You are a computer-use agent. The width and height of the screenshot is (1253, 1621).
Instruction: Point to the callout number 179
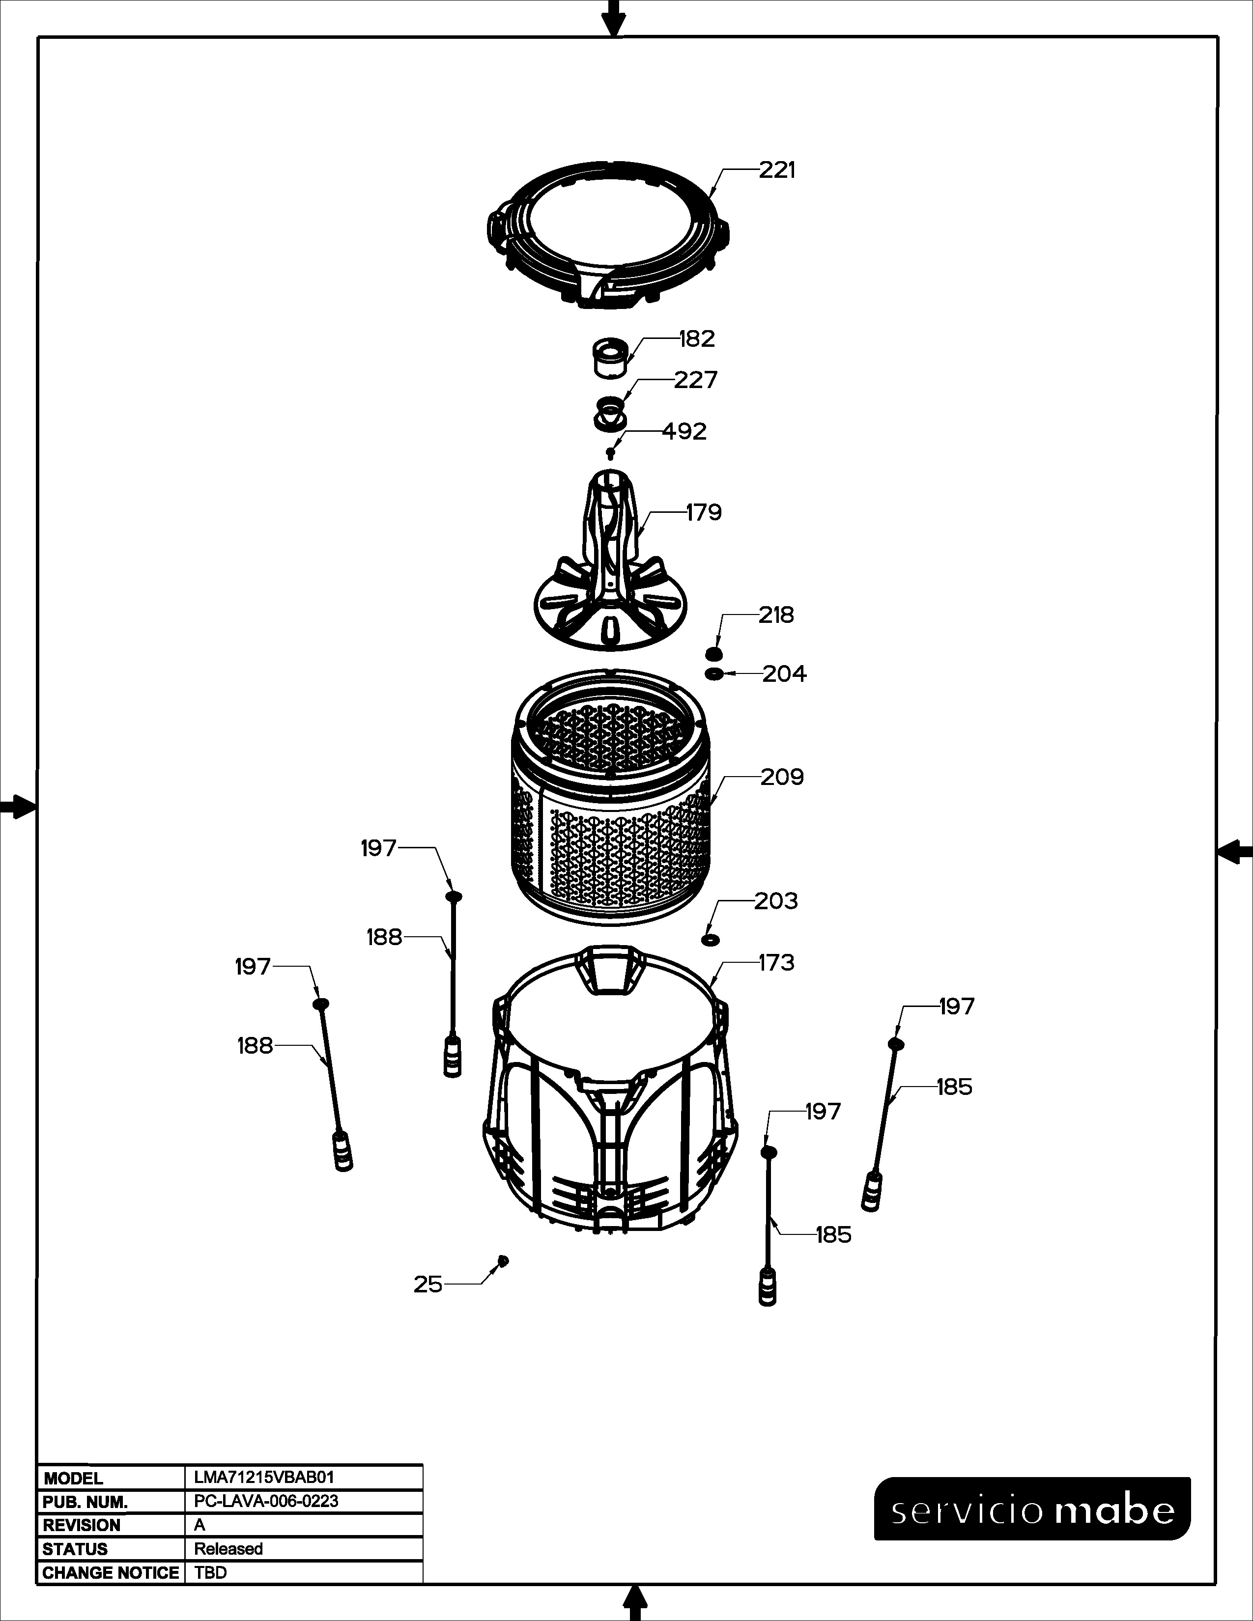[704, 512]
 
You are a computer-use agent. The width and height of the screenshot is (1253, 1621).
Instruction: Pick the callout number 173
[776, 963]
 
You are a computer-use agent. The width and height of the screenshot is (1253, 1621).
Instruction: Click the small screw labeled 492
[610, 453]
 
